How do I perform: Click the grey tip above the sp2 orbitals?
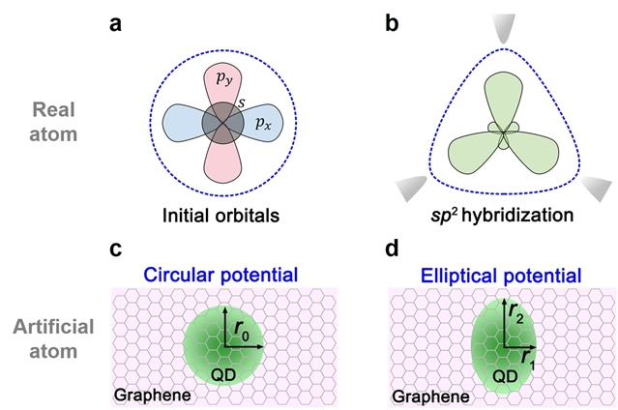pyautogui.click(x=504, y=28)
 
